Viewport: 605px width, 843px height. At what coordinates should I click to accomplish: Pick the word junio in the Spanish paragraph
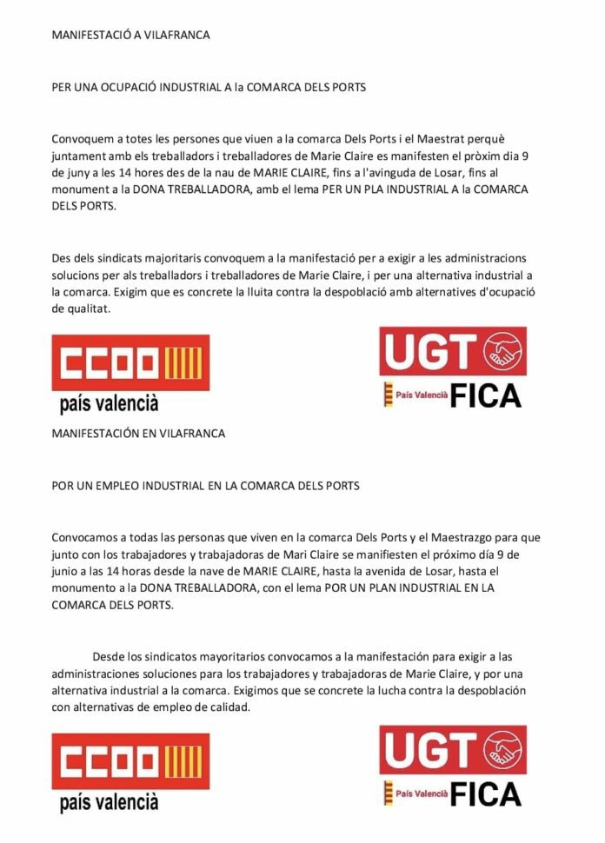[68, 571]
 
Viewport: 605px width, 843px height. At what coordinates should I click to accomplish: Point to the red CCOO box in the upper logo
[130, 361]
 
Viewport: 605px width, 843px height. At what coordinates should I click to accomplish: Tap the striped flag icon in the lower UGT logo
[388, 793]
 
